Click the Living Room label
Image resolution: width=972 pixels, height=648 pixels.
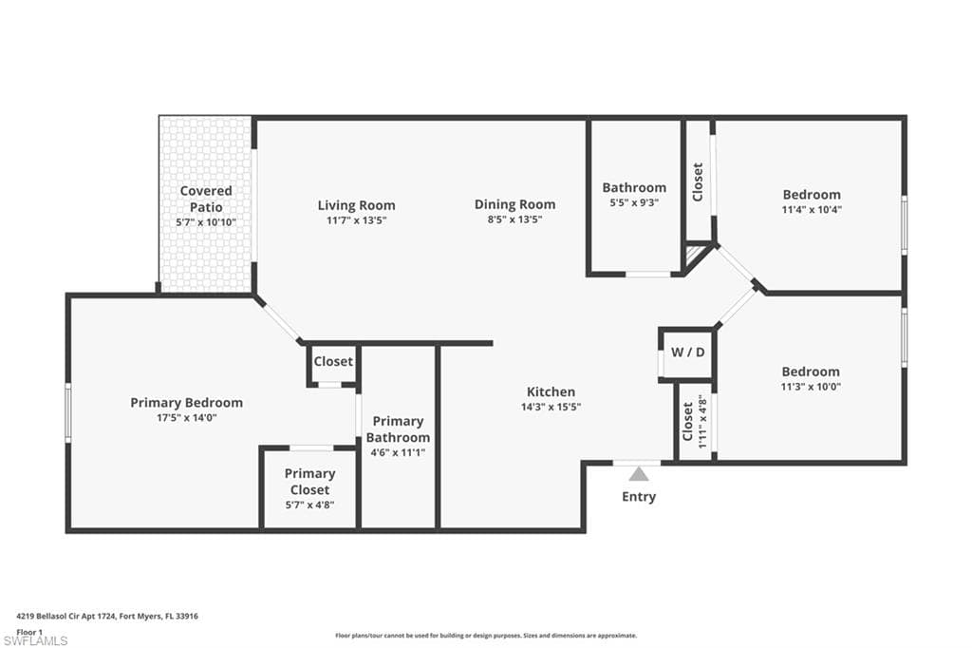point(357,205)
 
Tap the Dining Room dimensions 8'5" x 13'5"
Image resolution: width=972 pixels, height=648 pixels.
point(514,219)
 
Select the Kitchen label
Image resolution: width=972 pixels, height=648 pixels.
point(551,391)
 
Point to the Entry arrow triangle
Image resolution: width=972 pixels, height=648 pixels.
point(639,474)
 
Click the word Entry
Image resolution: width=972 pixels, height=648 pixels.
point(639,497)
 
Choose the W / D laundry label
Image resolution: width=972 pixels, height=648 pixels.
point(688,353)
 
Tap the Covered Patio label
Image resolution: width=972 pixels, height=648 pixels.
point(206,199)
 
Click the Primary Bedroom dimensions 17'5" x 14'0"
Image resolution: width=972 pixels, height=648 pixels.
point(187,418)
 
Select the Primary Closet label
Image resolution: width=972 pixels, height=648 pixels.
point(310,482)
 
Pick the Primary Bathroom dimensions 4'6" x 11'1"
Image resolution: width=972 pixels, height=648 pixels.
point(398,452)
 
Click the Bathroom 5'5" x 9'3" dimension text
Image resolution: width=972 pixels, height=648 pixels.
point(634,202)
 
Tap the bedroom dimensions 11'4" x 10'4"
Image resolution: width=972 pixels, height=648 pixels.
point(812,210)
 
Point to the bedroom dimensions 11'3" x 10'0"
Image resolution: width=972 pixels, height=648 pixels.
point(811,387)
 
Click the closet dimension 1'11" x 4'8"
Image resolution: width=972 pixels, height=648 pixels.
point(702,422)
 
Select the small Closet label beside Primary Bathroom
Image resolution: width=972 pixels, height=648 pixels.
point(333,361)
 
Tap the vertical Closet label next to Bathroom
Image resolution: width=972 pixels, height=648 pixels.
point(698,181)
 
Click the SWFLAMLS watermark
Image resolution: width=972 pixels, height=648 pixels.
point(35,640)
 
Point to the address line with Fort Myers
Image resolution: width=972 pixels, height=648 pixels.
point(107,617)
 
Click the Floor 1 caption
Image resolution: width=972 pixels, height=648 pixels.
point(29,632)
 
